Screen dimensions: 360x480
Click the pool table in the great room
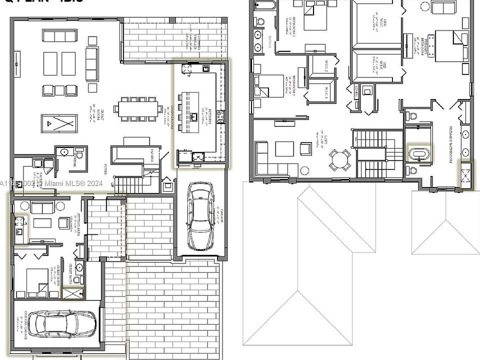click(59, 121)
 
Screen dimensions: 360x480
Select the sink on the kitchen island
click(194, 117)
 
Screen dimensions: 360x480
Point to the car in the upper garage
click(200, 216)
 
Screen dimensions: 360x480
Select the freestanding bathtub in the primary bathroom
click(419, 153)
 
